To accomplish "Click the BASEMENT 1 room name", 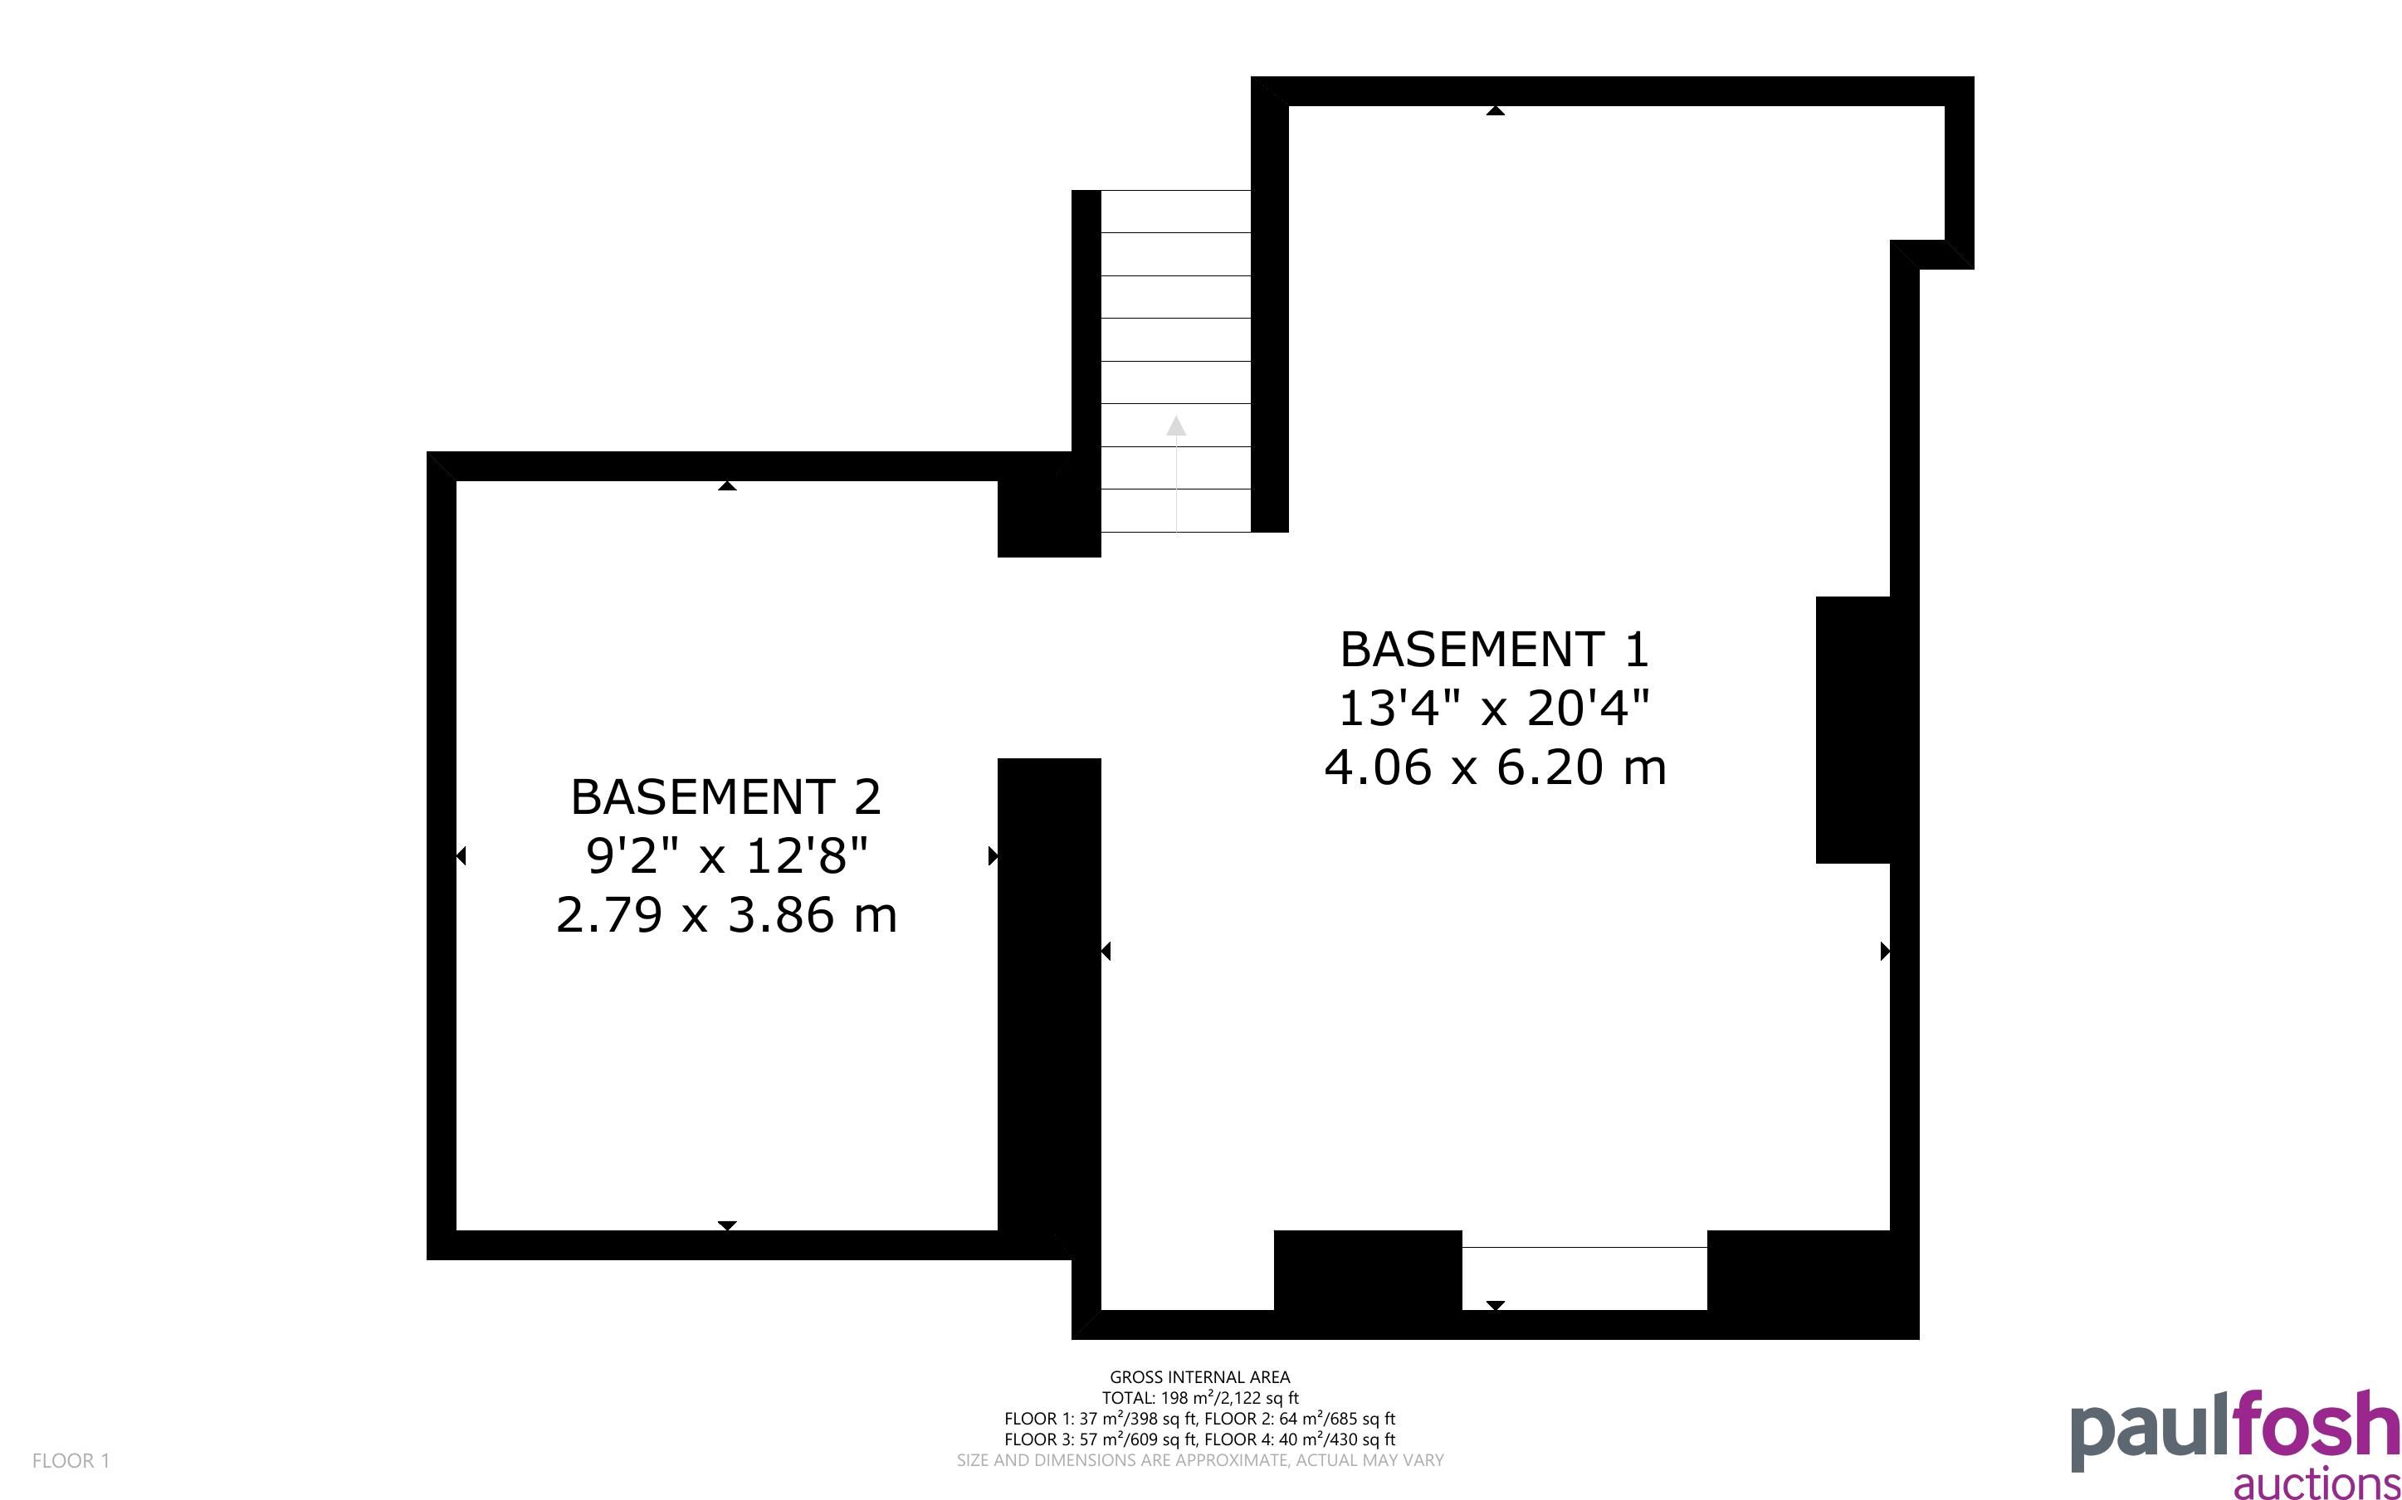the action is click(x=1494, y=650).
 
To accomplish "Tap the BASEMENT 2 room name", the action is click(x=726, y=797).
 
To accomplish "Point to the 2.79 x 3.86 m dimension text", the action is click(x=726, y=914).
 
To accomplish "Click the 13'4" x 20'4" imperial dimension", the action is click(x=1494, y=709).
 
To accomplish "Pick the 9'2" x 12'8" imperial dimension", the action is click(x=726, y=855).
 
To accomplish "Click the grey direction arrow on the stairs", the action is click(x=1176, y=475).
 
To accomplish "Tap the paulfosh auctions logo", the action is click(x=2235, y=1444).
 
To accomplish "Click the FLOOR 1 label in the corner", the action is click(x=71, y=1460).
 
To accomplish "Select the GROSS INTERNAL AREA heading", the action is click(x=1199, y=1377).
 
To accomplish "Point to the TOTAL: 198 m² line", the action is click(x=1199, y=1398).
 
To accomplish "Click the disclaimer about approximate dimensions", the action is click(x=1199, y=1460).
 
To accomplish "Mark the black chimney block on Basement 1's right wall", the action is click(x=1853, y=730).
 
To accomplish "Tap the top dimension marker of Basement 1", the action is click(x=1495, y=110).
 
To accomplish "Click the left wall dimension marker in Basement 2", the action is click(x=461, y=855).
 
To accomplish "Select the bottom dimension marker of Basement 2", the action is click(x=727, y=1225).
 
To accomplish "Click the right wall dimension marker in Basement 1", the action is click(x=1885, y=952).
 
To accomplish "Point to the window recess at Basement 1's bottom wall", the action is click(x=1584, y=1278).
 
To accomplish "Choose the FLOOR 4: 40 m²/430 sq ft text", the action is click(x=1300, y=1439).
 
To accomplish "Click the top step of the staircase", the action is click(x=1176, y=212).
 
